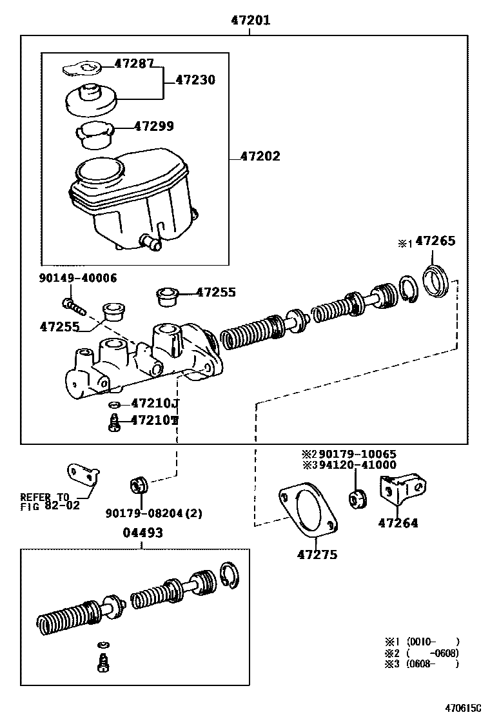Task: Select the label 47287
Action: [x=134, y=63]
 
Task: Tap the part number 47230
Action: [x=195, y=80]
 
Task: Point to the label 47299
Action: [x=153, y=126]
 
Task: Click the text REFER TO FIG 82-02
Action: [x=50, y=501]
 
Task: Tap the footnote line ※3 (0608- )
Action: [x=422, y=663]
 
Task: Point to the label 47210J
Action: [x=155, y=404]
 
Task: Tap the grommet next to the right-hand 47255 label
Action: [x=167, y=297]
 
